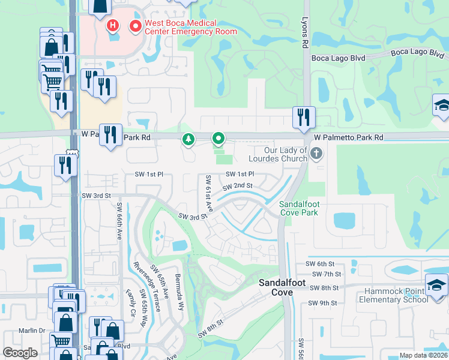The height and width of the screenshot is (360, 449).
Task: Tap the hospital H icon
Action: [112, 25]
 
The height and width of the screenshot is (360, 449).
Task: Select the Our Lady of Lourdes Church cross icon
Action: [317, 154]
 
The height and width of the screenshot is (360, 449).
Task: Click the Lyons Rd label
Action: [305, 32]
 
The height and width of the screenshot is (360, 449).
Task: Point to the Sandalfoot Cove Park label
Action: [299, 208]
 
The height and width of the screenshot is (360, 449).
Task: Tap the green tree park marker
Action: [188, 139]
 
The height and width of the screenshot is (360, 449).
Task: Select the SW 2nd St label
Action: [237, 187]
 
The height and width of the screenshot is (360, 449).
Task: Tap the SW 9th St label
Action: [321, 303]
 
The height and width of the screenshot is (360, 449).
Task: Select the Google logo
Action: [20, 353]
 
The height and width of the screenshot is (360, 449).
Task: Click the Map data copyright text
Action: [423, 355]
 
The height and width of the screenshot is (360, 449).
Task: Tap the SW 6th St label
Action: [319, 263]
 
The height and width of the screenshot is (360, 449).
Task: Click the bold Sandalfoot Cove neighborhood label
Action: [276, 287]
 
